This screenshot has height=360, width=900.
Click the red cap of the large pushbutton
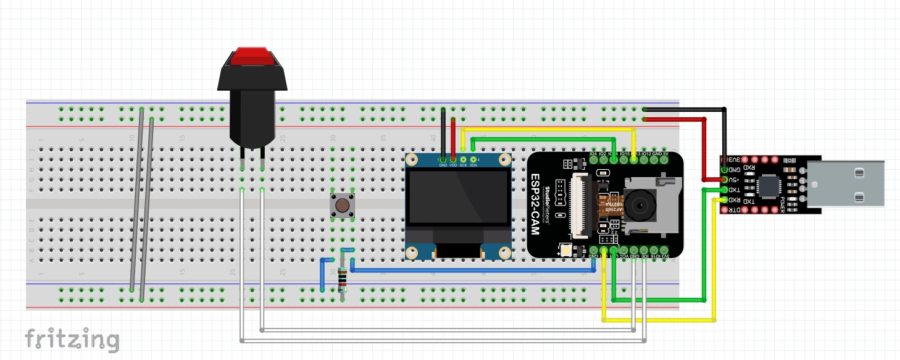[x=252, y=56]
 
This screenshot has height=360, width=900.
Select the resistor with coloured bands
[x=343, y=281]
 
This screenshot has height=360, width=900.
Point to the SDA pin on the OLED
[x=473, y=159]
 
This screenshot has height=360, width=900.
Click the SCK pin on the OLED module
[x=463, y=159]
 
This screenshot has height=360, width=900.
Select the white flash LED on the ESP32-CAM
[x=566, y=250]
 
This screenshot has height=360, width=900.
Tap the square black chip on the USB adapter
[x=769, y=183]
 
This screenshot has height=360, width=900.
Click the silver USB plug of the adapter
[x=846, y=184]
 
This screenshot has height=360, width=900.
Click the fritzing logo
[x=72, y=338]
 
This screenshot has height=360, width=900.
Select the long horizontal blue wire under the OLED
[x=469, y=270]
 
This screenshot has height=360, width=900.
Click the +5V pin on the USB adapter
[x=724, y=180]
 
